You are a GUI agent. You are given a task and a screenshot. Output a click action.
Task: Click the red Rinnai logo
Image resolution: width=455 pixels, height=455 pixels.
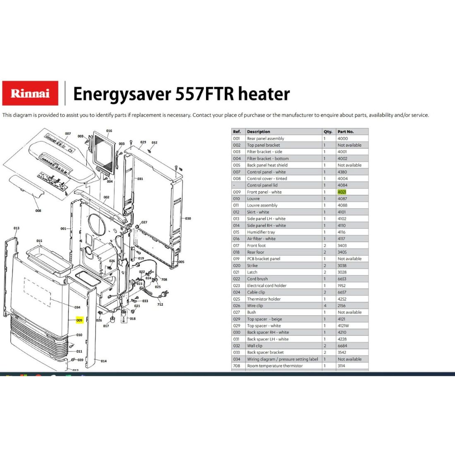(30, 93)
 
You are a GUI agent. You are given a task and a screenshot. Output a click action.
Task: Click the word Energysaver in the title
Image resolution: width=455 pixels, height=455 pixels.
(122, 94)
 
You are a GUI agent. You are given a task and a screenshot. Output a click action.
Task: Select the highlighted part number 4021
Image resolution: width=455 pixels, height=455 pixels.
(342, 192)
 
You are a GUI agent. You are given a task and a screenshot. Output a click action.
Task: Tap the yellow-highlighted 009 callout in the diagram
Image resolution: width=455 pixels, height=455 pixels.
(79, 320)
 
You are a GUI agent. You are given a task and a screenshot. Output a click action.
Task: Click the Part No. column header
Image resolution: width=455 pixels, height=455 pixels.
(346, 132)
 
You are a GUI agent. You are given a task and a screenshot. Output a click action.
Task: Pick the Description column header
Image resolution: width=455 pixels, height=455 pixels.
(258, 132)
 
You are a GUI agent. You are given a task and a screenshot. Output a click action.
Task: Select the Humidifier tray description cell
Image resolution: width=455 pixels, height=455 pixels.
(261, 232)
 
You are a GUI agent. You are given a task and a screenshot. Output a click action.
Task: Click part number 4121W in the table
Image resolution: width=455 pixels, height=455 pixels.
(343, 326)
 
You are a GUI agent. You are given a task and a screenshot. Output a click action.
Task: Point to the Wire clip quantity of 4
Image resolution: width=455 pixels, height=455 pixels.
(325, 306)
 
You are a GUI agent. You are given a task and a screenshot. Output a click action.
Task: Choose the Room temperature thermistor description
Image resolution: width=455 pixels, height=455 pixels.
(275, 366)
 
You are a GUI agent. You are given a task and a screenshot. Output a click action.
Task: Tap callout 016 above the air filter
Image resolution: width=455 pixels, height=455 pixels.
(109, 131)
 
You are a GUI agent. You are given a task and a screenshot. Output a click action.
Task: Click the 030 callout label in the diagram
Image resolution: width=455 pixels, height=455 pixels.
(188, 218)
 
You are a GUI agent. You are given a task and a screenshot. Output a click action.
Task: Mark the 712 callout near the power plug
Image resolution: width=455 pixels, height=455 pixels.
(160, 304)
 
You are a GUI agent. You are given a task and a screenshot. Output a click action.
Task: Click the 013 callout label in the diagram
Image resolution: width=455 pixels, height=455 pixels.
(17, 228)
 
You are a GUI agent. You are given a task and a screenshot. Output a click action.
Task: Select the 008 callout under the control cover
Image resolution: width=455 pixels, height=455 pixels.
(38, 211)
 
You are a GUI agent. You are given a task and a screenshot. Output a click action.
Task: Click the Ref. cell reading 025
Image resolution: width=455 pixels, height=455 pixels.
(237, 299)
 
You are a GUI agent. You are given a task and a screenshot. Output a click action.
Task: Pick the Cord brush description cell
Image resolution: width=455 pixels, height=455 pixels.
(257, 279)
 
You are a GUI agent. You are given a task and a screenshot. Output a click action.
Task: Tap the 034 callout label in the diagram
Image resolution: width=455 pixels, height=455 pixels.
(77, 307)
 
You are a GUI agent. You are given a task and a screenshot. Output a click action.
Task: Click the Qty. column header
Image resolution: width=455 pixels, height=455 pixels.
(328, 132)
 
